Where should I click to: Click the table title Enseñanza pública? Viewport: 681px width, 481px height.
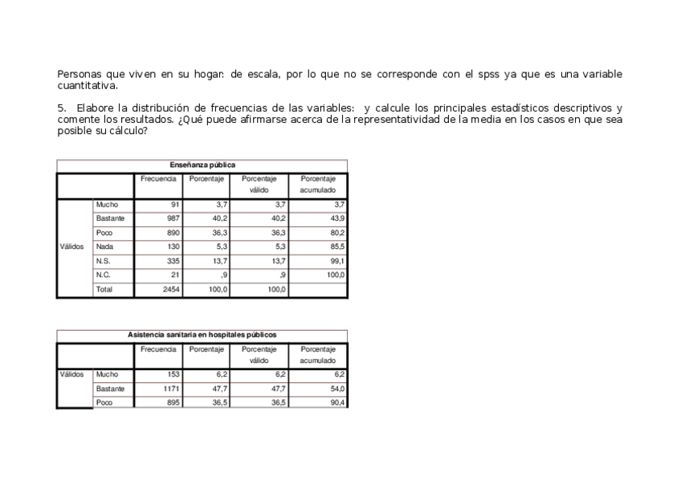[202, 165]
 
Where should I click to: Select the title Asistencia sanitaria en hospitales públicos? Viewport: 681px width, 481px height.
[202, 335]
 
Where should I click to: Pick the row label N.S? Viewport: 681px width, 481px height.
[103, 261]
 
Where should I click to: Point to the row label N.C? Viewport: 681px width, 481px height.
[103, 275]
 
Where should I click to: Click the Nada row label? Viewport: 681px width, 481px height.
[104, 247]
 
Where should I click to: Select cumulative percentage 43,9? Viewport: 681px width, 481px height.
[337, 218]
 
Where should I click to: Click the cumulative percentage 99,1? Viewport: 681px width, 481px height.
[337, 261]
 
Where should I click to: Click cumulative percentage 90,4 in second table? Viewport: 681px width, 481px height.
[337, 403]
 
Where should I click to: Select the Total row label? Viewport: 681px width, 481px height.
[104, 289]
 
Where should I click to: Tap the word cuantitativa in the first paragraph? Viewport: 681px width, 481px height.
[87, 86]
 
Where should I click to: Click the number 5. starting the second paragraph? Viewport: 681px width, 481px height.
[61, 108]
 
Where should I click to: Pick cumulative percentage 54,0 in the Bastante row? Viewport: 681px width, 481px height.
[337, 389]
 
